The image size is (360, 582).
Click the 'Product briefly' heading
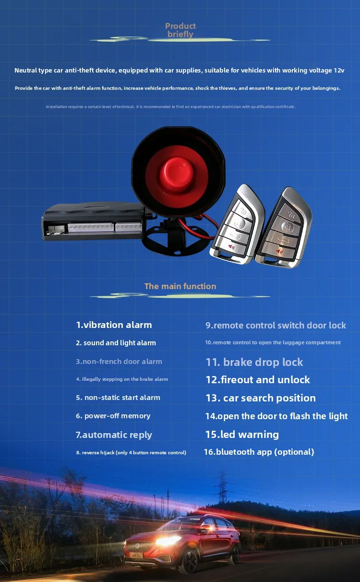(x=180, y=30)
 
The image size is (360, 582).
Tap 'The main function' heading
(x=180, y=286)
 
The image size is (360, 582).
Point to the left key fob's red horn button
(x=231, y=247)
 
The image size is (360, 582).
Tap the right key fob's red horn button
(x=279, y=252)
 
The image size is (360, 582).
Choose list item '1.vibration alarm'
(x=114, y=325)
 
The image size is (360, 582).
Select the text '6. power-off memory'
(x=113, y=416)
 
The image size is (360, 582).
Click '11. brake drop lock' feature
(x=254, y=362)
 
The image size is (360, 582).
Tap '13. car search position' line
(x=261, y=398)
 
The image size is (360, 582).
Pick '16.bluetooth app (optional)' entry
(x=259, y=452)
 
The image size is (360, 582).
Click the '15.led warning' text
(x=242, y=434)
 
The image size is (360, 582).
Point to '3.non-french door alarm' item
(x=119, y=362)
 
